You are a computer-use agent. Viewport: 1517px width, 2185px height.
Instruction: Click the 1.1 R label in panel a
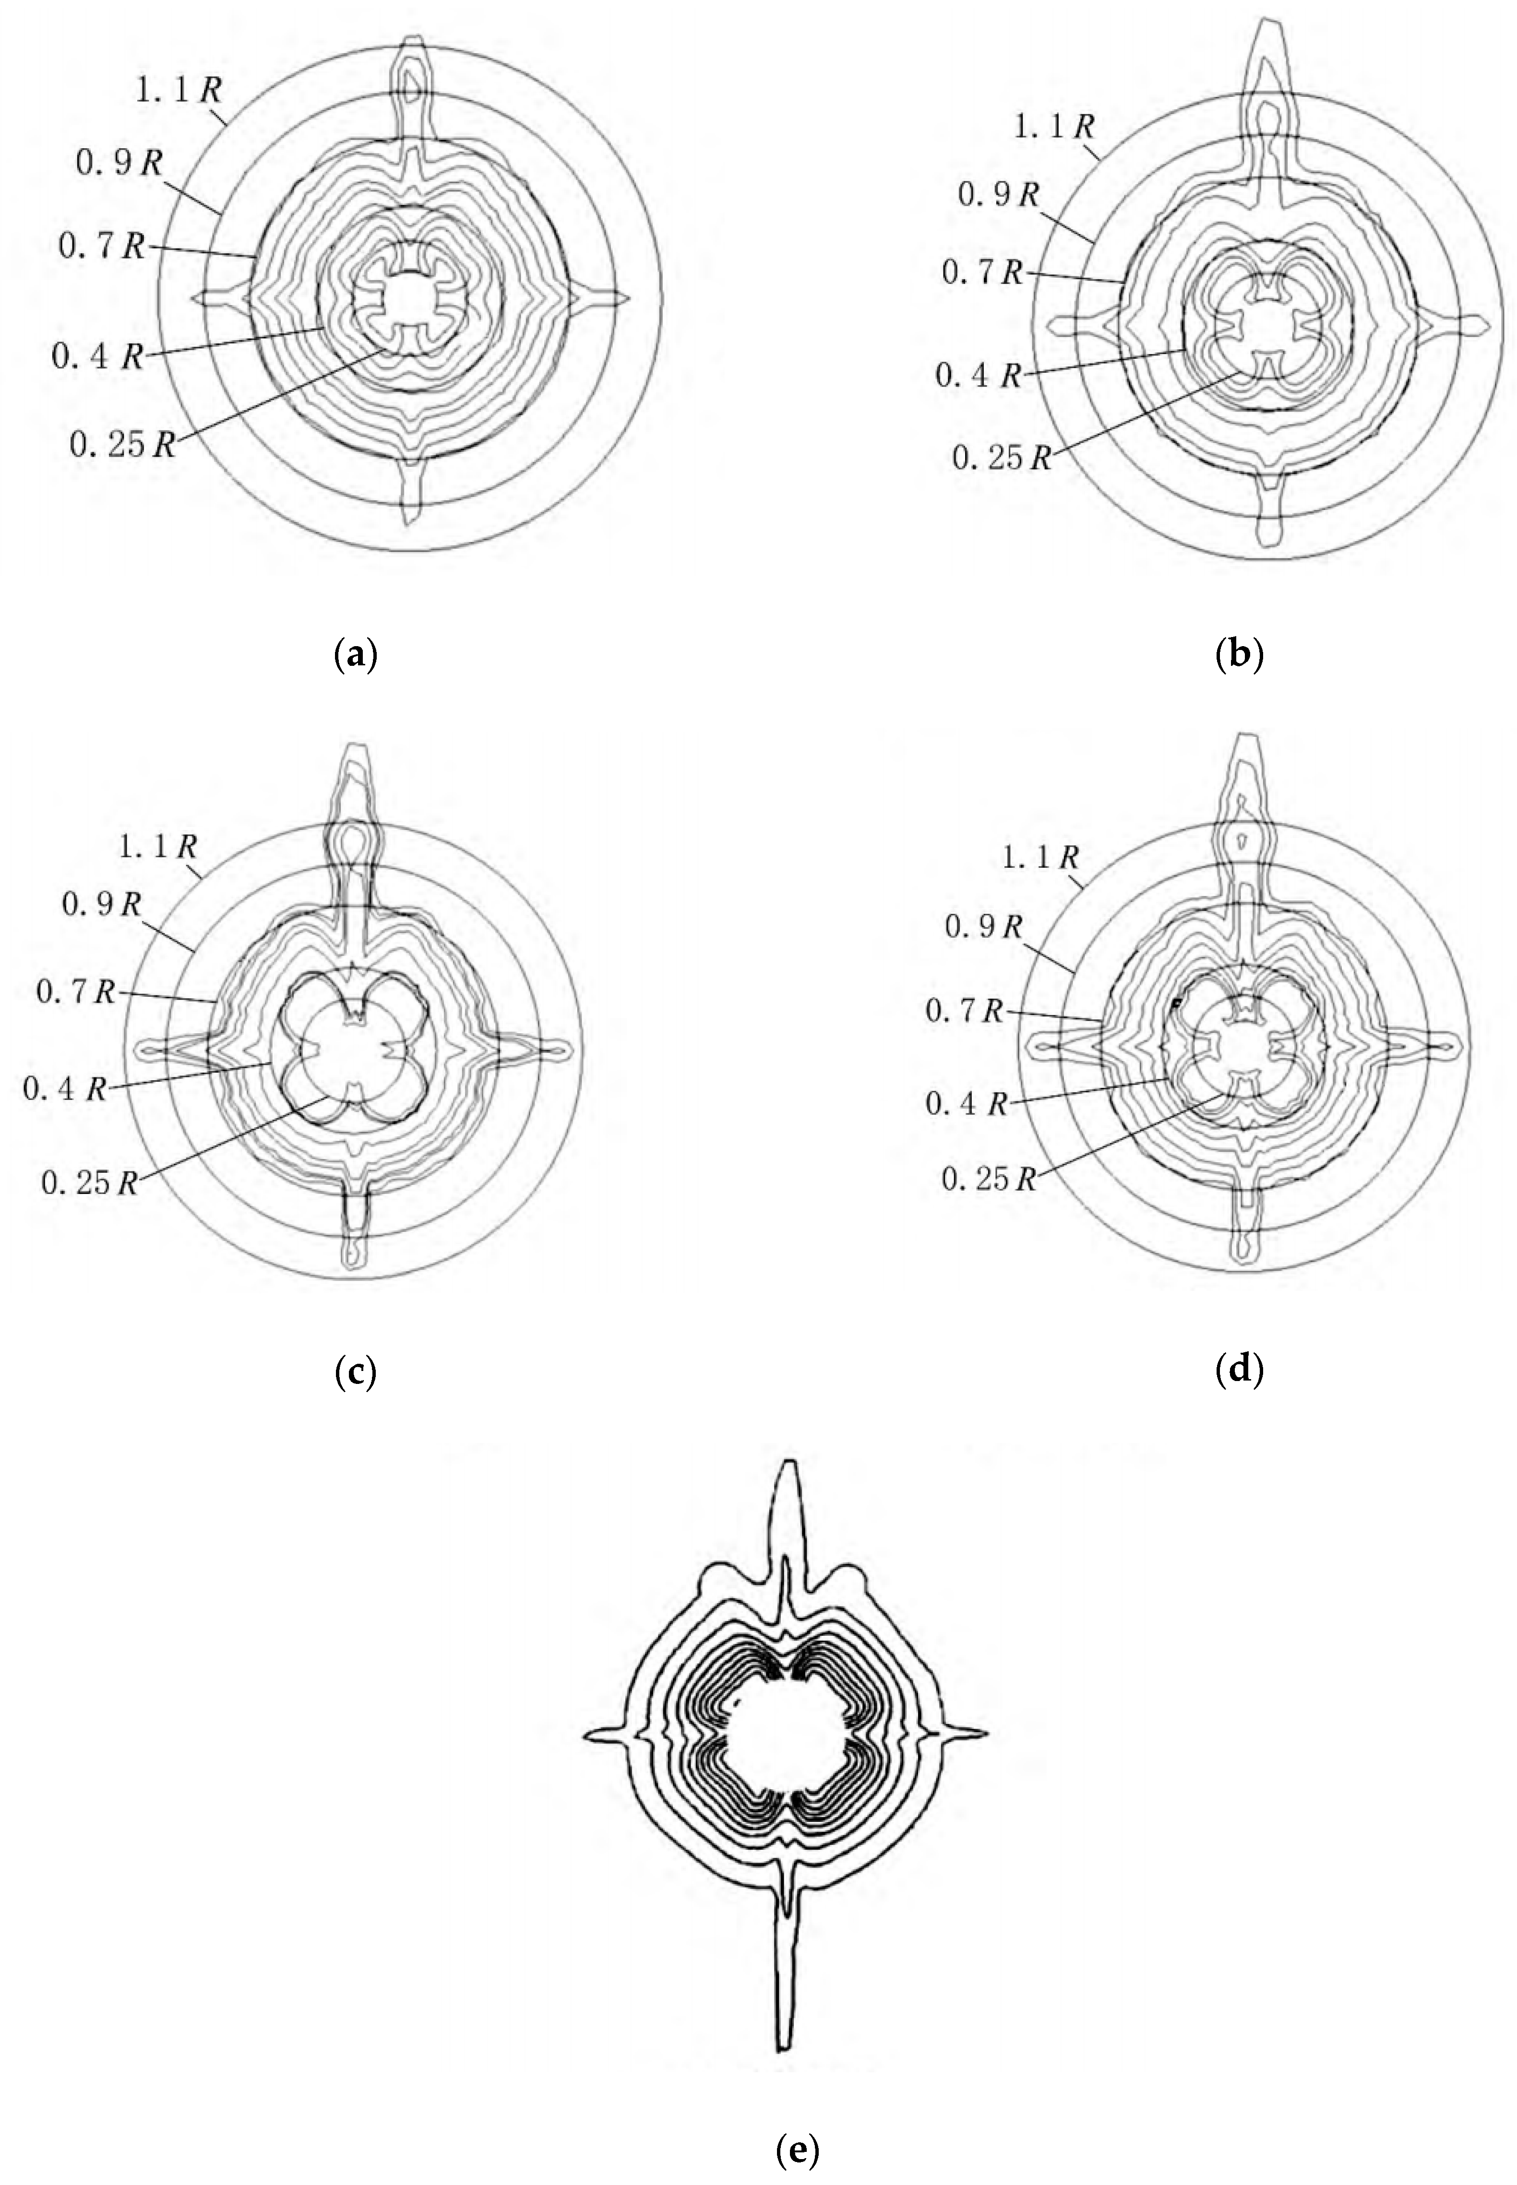[179, 91]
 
